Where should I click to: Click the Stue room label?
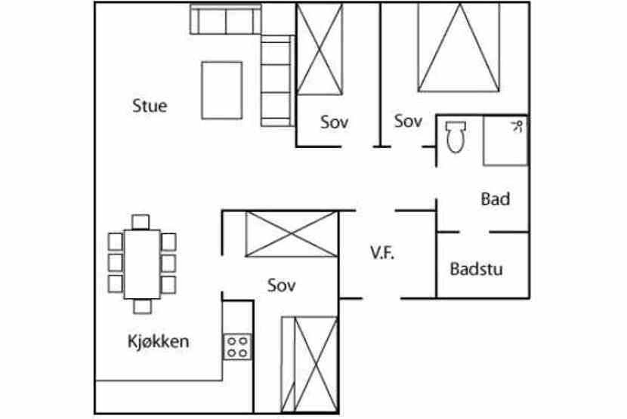tap(149, 106)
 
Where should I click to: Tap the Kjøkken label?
tap(158, 341)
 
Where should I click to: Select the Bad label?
tap(495, 199)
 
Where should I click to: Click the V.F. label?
tap(382, 253)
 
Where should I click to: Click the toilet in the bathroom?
tap(456, 137)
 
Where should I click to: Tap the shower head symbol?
tap(518, 125)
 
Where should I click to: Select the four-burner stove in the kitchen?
tap(237, 346)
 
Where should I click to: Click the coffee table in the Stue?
tap(221, 91)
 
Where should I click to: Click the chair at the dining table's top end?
tap(141, 221)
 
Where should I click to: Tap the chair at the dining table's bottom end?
tap(141, 305)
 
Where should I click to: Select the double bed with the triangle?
tap(458, 48)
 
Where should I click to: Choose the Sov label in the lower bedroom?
tap(281, 285)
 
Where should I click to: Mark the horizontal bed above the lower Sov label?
tap(291, 235)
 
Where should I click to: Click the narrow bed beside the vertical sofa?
tap(320, 49)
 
